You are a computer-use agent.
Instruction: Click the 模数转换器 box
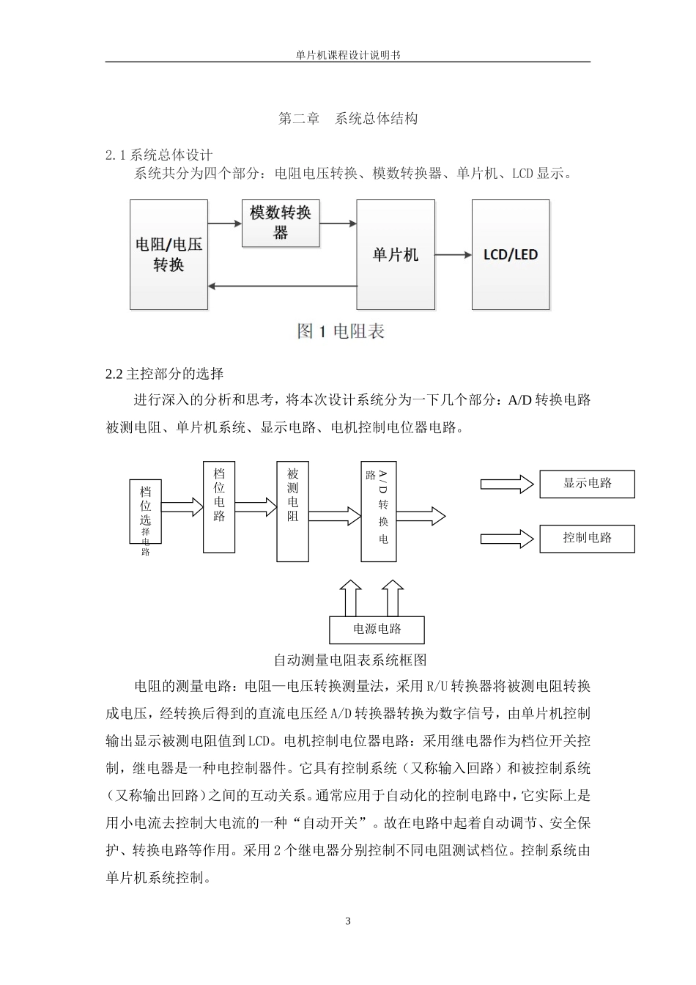[x=281, y=223]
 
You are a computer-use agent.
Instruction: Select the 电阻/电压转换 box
[x=169, y=254]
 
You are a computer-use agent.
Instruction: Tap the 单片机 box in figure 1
[x=395, y=254]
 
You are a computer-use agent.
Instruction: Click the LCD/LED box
[x=511, y=254]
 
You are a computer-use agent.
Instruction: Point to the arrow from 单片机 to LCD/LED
[x=453, y=254]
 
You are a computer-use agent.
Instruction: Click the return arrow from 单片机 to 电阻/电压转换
[x=282, y=287]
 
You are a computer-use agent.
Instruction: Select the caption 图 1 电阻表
[x=341, y=331]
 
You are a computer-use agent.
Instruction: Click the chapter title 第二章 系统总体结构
[x=348, y=118]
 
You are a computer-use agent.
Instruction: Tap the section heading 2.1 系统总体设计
[x=159, y=155]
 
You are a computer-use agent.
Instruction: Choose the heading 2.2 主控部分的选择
[x=165, y=374]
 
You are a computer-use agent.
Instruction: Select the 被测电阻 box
[x=292, y=511]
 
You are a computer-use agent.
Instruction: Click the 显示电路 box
[x=587, y=484]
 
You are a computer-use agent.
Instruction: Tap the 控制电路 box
[x=587, y=539]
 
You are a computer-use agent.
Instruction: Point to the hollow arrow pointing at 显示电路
[x=507, y=484]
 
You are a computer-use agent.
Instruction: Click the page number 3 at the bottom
[x=348, y=921]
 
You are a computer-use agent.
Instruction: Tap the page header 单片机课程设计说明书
[x=348, y=55]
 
